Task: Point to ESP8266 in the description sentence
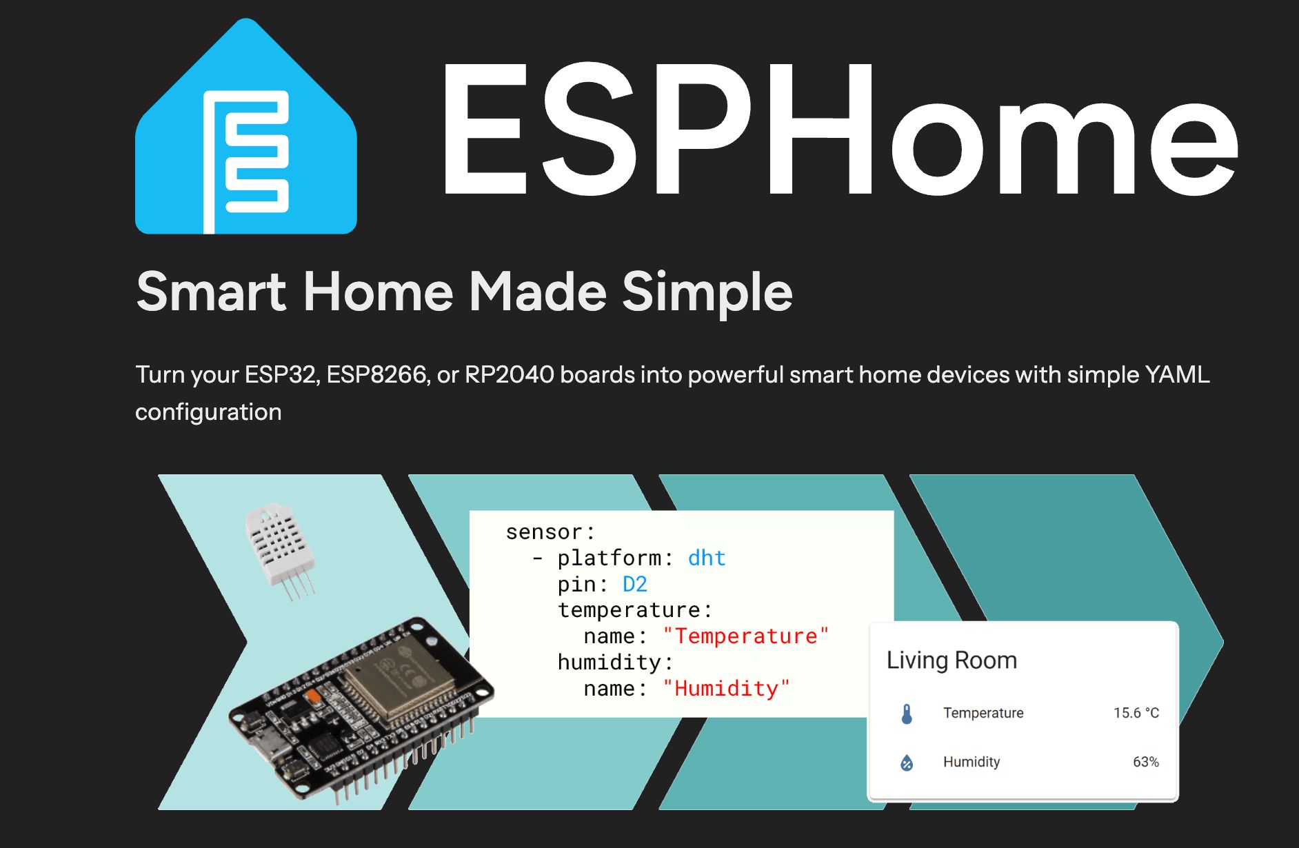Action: click(x=376, y=374)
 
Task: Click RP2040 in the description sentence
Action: click(x=509, y=374)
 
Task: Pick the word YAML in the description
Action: click(x=1177, y=374)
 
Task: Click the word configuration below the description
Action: click(x=208, y=412)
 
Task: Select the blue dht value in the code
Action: click(x=707, y=558)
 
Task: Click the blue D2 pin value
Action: click(x=635, y=584)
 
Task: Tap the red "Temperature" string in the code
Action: click(x=745, y=636)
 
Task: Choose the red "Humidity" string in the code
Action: click(x=726, y=688)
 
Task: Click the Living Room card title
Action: click(x=951, y=660)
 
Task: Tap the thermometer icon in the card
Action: click(x=907, y=714)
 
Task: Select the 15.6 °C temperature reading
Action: click(x=1136, y=713)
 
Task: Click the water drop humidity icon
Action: click(x=907, y=763)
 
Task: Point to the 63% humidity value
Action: click(x=1145, y=762)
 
